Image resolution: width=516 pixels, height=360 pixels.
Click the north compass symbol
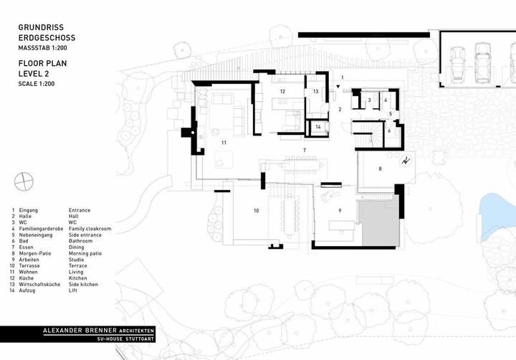24,181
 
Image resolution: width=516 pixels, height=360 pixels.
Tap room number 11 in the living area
224,143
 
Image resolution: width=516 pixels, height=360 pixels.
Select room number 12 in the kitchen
282,91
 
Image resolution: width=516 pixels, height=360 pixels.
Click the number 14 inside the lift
318,127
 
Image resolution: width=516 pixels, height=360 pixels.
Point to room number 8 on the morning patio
380,169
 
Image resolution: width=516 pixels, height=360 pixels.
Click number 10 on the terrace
256,210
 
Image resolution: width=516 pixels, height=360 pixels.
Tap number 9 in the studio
340,210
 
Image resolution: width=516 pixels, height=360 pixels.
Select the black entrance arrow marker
338,87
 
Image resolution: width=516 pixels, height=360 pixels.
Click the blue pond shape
497,214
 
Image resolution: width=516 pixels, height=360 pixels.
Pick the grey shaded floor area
378,222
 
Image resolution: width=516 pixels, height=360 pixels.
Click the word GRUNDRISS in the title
41,27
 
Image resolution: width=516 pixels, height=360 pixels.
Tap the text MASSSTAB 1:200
42,48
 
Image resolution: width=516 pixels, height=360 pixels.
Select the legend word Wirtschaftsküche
39,284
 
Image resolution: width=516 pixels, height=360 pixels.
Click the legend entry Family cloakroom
90,229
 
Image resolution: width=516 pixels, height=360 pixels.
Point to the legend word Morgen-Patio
35,254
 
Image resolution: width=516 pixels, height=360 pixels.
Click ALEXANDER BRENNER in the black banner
80,331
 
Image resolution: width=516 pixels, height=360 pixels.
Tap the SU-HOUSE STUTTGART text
125,338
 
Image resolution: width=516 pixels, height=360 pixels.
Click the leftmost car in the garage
457,64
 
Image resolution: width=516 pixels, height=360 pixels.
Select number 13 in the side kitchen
315,91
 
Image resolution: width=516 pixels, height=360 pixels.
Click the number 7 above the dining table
305,150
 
